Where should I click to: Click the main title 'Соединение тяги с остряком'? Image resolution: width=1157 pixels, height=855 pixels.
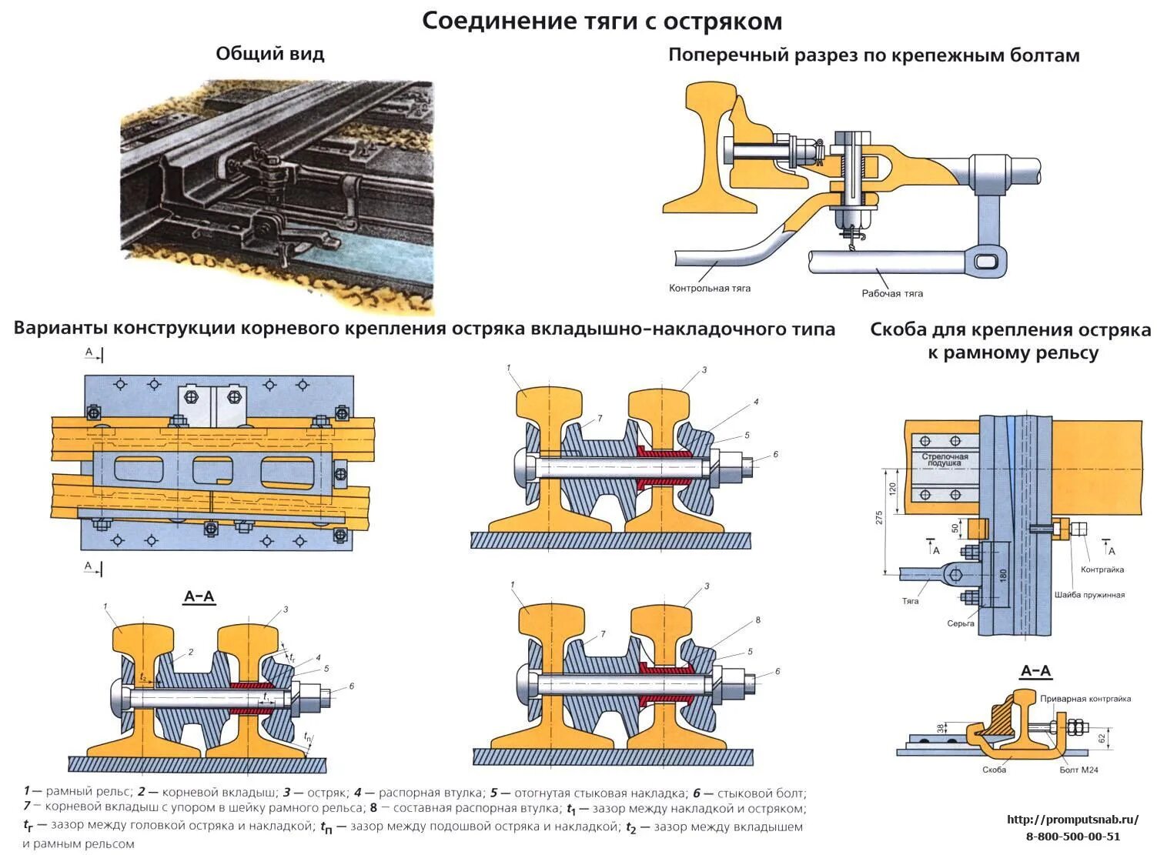coord(602,22)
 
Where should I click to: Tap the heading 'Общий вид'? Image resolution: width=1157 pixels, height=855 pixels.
coord(270,54)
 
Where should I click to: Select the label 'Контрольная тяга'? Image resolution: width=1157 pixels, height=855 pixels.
coord(710,289)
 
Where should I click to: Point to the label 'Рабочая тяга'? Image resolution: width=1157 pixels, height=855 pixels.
coord(892,293)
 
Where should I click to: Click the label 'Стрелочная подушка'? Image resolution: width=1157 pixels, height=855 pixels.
coord(945,460)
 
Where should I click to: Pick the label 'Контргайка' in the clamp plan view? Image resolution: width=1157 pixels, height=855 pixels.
coord(1102,570)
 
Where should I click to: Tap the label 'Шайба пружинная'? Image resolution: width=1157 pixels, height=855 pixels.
coord(1089,595)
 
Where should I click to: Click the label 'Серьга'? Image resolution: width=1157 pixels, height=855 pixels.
coord(961,623)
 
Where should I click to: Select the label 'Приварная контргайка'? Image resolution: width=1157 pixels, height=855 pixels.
coord(1085,699)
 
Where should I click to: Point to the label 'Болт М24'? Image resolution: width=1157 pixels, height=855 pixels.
coord(1075,770)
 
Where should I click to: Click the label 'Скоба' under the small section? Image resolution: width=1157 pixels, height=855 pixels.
coord(994,770)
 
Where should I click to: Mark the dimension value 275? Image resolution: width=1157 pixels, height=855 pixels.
coord(880,518)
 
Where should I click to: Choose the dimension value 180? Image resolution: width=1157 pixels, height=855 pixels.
coord(1002,576)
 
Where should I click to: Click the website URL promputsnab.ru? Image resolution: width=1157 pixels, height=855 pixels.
coord(1072,820)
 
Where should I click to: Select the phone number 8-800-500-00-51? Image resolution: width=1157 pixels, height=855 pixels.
coord(1072,837)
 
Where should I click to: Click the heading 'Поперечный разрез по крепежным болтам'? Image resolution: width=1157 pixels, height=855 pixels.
coord(874,55)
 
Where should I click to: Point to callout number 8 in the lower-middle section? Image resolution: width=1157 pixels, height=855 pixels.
coord(757,620)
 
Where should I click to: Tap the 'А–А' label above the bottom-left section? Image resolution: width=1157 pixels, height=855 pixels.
coord(199,597)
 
